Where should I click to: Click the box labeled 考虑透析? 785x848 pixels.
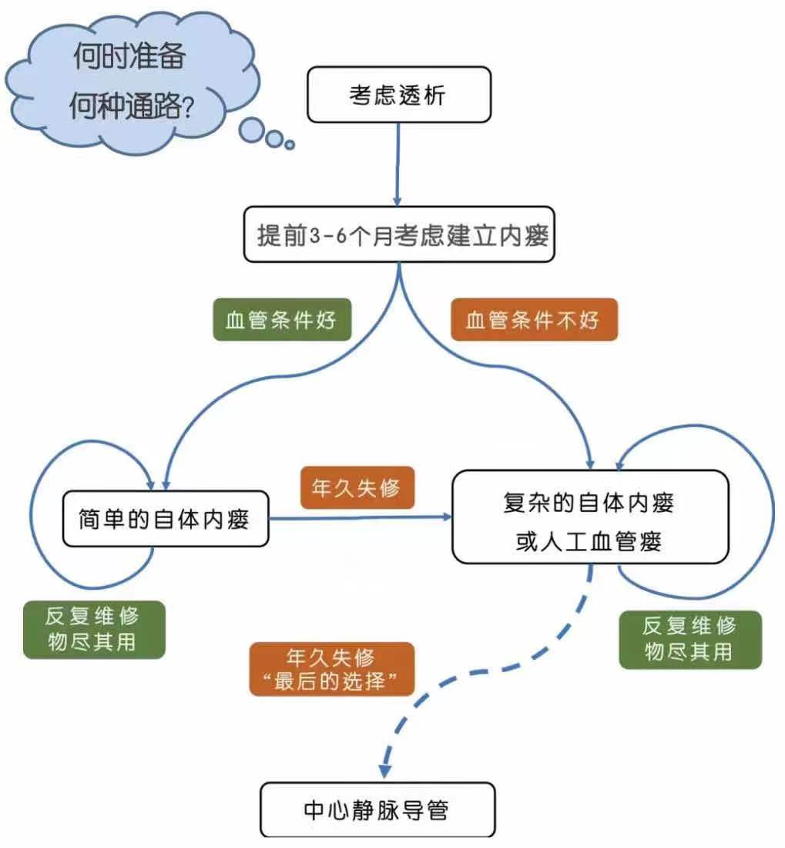click(398, 94)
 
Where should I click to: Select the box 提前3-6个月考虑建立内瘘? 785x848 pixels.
click(398, 235)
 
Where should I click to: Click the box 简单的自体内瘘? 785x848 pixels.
click(165, 518)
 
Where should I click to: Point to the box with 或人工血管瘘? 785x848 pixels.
click(589, 517)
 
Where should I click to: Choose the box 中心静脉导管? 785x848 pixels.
click(377, 809)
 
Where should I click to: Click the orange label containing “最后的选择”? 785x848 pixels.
click(332, 669)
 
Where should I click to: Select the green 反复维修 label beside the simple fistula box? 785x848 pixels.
click(94, 629)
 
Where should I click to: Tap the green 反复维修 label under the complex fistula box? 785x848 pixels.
click(689, 639)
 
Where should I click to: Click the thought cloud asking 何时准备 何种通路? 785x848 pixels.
click(127, 81)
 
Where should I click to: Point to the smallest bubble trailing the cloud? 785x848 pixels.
click(290, 144)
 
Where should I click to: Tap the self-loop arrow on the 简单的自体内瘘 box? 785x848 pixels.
click(42, 524)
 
